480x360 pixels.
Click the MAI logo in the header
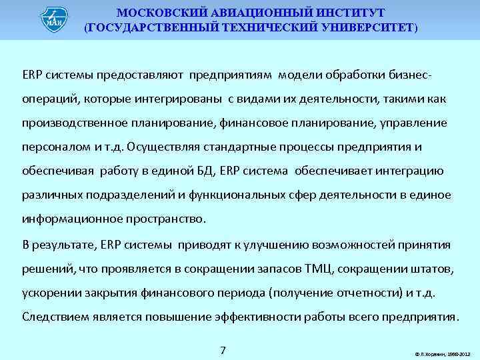(54, 19)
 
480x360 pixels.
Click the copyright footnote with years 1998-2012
(442, 353)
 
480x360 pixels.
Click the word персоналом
(51, 147)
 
